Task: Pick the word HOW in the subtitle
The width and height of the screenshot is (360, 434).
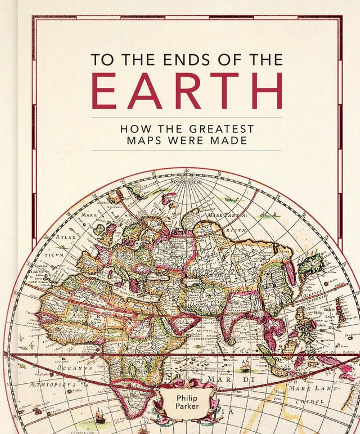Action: pyautogui.click(x=134, y=128)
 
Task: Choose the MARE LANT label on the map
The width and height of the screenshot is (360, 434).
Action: pyautogui.click(x=313, y=388)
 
